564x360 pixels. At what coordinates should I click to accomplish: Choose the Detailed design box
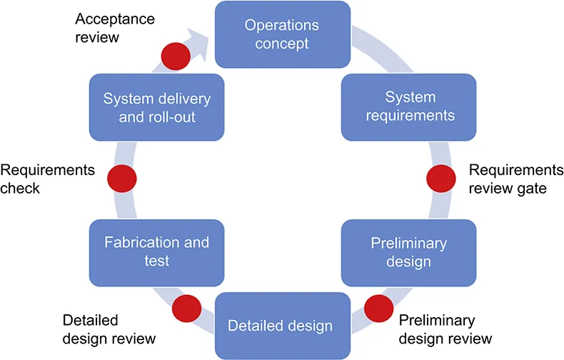[280, 326]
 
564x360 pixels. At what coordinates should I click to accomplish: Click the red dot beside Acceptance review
[173, 56]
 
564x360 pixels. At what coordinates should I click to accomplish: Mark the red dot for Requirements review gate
[439, 179]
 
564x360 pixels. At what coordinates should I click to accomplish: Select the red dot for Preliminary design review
[377, 307]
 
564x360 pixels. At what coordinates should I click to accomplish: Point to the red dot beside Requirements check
[121, 179]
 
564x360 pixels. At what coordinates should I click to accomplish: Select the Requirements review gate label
[510, 179]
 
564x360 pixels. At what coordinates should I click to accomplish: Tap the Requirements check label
[47, 179]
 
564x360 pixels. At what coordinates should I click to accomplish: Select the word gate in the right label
[531, 188]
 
